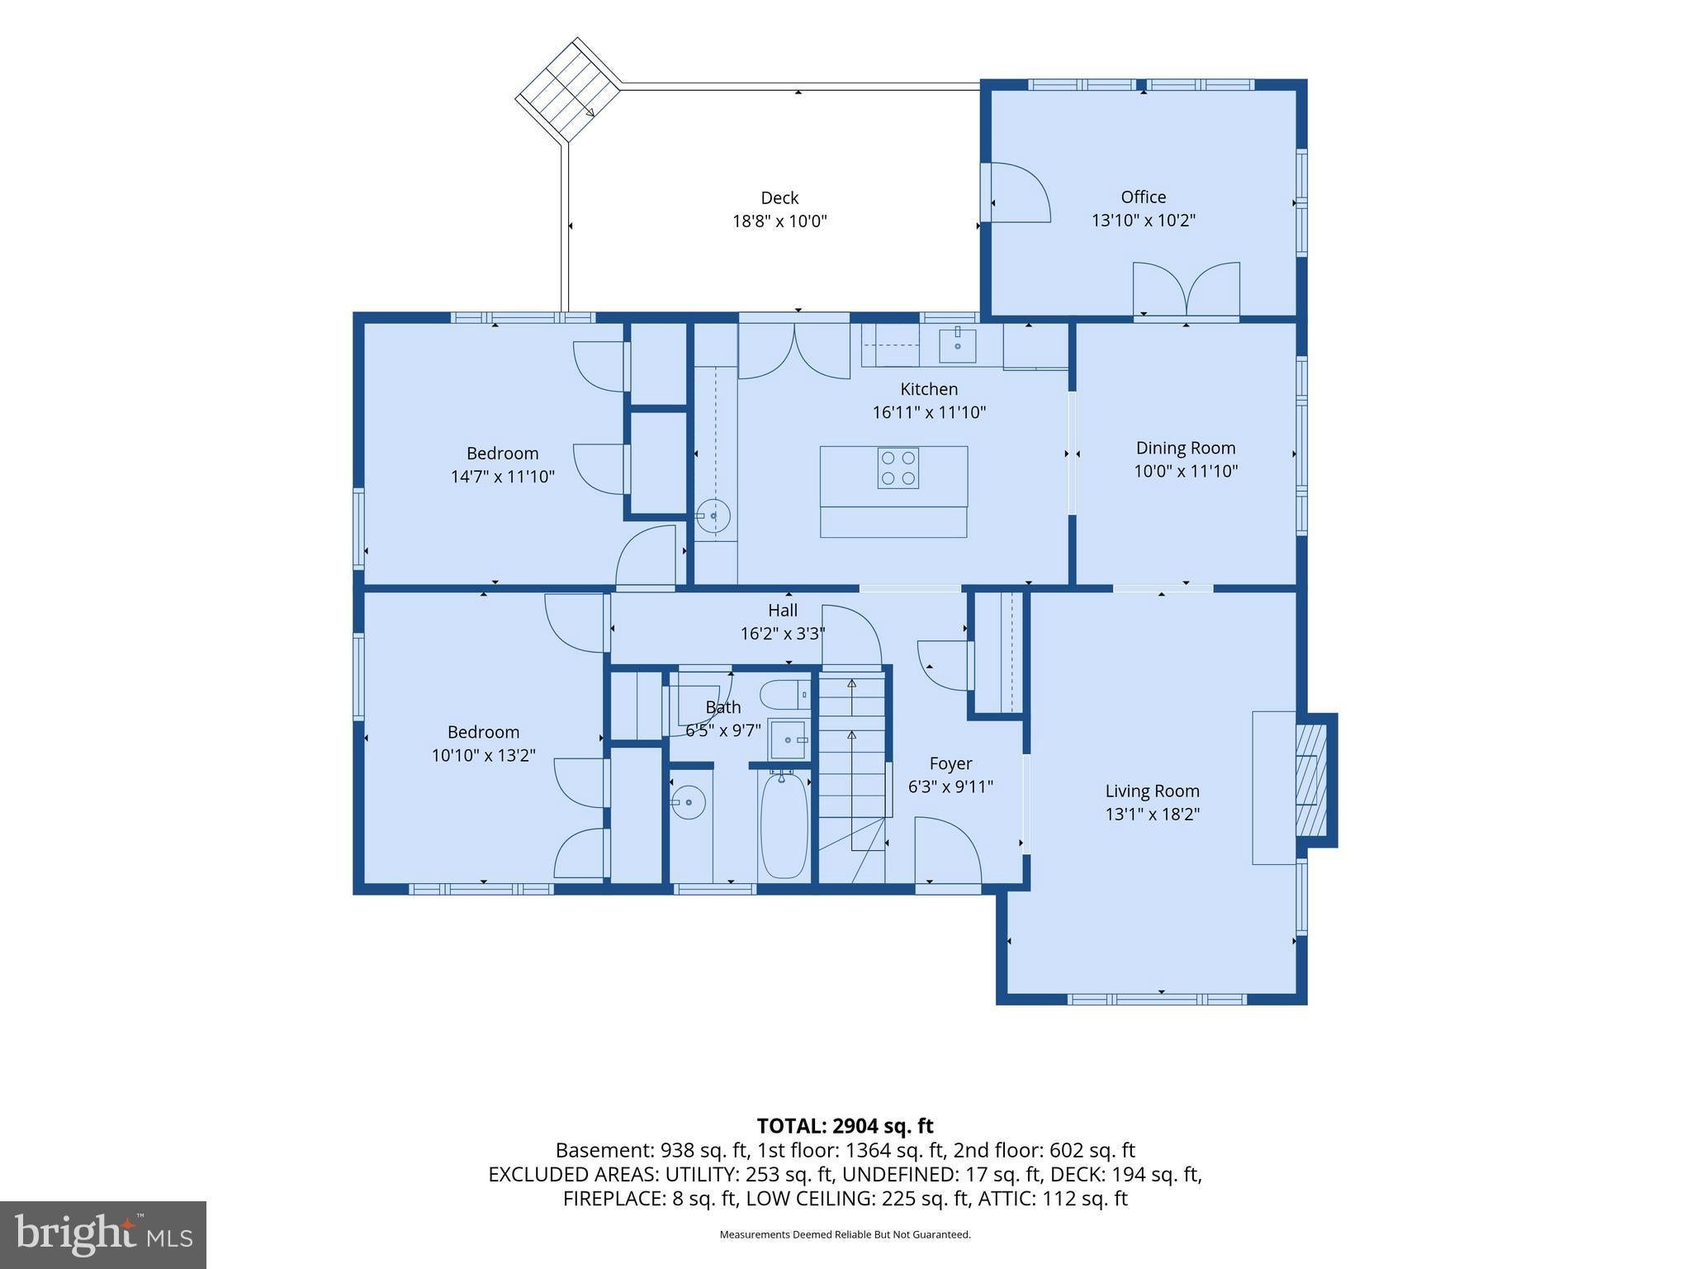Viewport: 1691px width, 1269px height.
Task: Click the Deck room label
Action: pyautogui.click(x=779, y=198)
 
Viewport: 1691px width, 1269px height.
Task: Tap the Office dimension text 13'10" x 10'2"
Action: pyautogui.click(x=1144, y=221)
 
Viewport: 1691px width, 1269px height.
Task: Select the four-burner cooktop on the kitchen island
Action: pyautogui.click(x=898, y=468)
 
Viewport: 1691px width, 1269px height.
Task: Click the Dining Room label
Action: pyautogui.click(x=1186, y=448)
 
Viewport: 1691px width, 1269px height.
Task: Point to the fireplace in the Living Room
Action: pyautogui.click(x=1312, y=780)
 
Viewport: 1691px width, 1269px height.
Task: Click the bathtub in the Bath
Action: pyautogui.click(x=783, y=826)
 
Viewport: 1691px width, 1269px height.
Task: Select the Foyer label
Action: pyautogui.click(x=950, y=763)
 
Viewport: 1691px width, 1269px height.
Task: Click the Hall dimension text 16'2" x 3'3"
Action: pyautogui.click(x=783, y=634)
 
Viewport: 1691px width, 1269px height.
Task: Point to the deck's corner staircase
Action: pyautogui.click(x=568, y=91)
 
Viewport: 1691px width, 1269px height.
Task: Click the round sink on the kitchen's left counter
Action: pyautogui.click(x=713, y=516)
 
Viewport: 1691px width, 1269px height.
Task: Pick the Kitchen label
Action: pyautogui.click(x=929, y=389)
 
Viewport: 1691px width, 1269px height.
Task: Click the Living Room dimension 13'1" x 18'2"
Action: pyautogui.click(x=1153, y=814)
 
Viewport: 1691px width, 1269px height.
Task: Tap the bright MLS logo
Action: pyautogui.click(x=103, y=1235)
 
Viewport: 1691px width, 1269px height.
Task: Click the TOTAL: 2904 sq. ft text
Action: pyautogui.click(x=845, y=1126)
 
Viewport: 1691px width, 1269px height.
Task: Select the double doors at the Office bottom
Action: pyautogui.click(x=1187, y=290)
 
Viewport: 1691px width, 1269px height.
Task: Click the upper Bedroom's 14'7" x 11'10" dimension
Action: pyautogui.click(x=502, y=477)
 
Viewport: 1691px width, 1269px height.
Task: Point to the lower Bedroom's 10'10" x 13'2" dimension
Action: pyautogui.click(x=483, y=755)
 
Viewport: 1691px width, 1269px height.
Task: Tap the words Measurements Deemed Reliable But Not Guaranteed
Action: pyautogui.click(x=845, y=1235)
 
